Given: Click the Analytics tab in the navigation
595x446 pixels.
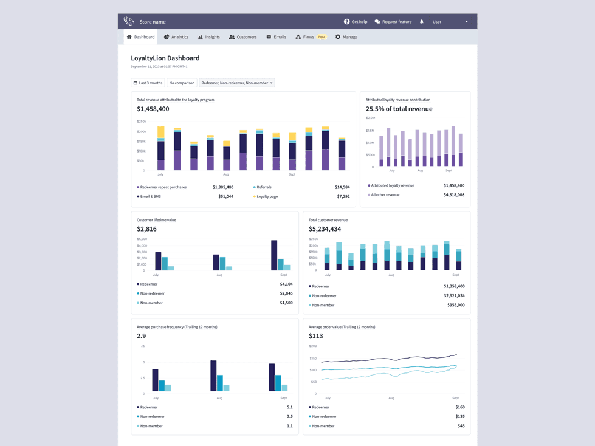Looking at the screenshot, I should (x=176, y=37).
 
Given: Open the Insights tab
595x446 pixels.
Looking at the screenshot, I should (x=208, y=37).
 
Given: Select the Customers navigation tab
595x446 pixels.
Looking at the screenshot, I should (x=242, y=37).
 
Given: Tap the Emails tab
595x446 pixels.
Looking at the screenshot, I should (x=276, y=37).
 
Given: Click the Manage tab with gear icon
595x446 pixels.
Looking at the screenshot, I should (x=346, y=37).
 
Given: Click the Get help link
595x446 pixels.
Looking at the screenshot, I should (x=356, y=22).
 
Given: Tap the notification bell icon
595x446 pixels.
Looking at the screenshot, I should (x=422, y=22).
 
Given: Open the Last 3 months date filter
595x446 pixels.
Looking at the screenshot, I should (x=148, y=83).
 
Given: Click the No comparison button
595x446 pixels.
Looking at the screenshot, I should (x=182, y=83).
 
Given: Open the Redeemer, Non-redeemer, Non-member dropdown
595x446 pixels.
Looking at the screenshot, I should (x=237, y=83).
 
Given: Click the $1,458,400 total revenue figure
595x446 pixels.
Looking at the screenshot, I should (x=153, y=109).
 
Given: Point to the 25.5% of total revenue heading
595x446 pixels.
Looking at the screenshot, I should (x=399, y=109).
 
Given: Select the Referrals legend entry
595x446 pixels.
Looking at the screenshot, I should (x=264, y=187).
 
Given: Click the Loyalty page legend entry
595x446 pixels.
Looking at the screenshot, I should (x=267, y=197).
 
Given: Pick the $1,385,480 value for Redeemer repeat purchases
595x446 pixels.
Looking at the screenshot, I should (x=223, y=187).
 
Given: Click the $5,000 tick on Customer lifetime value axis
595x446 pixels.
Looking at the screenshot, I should (x=142, y=239).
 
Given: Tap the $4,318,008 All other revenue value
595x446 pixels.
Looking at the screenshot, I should (x=453, y=195).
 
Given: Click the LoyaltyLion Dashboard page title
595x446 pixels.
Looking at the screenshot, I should (x=165, y=58).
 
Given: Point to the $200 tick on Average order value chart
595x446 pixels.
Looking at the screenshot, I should (x=313, y=346).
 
